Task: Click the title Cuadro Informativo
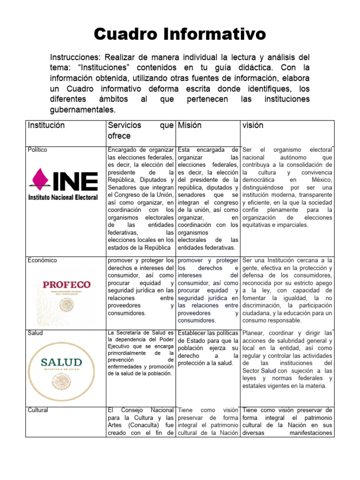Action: click(180, 34)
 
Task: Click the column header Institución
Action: click(46, 126)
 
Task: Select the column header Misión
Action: click(190, 126)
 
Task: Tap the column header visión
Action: click(253, 126)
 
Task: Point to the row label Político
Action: click(37, 150)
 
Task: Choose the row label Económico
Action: click(42, 260)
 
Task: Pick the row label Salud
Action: click(35, 333)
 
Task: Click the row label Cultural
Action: click(38, 410)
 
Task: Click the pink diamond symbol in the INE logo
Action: click(38, 180)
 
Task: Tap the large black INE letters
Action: click(75, 180)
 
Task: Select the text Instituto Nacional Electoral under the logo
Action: click(63, 197)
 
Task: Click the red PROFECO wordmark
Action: click(67, 285)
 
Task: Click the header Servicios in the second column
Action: click(124, 126)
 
